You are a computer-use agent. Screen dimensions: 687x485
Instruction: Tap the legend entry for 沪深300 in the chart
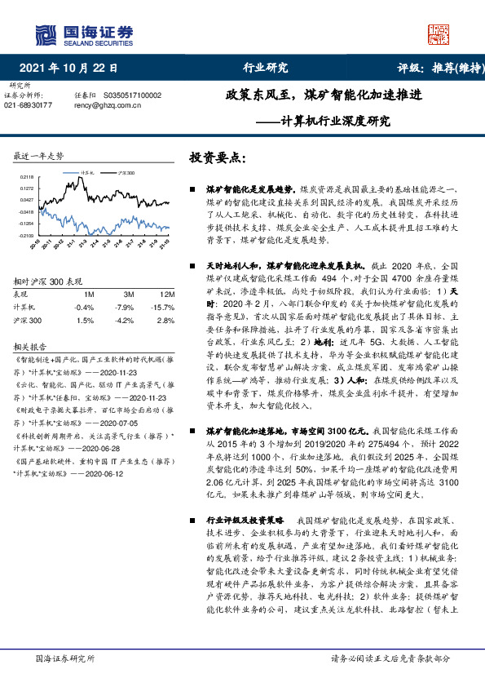[124, 174]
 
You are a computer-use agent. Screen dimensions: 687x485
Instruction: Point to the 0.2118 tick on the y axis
[26, 176]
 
